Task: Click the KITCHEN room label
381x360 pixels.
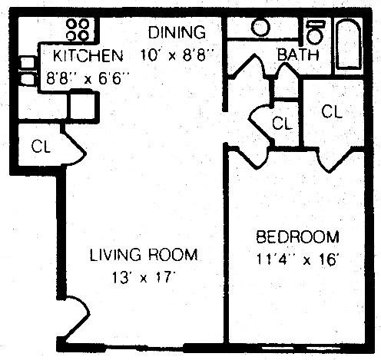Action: pyautogui.click(x=87, y=56)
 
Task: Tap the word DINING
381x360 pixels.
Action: pyautogui.click(x=177, y=33)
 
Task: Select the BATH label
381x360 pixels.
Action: pyautogui.click(x=293, y=55)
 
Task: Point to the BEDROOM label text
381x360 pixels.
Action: pyautogui.click(x=297, y=236)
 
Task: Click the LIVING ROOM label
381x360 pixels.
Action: pyautogui.click(x=144, y=255)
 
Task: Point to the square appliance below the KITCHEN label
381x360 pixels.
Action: pyautogui.click(x=82, y=104)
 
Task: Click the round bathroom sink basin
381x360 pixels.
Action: pyautogui.click(x=261, y=28)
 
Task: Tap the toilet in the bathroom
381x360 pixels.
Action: pyautogui.click(x=314, y=31)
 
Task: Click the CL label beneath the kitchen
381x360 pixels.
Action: pyautogui.click(x=41, y=147)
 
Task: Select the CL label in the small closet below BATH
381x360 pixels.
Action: pyautogui.click(x=282, y=123)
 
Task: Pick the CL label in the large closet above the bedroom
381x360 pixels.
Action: pyautogui.click(x=331, y=111)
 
